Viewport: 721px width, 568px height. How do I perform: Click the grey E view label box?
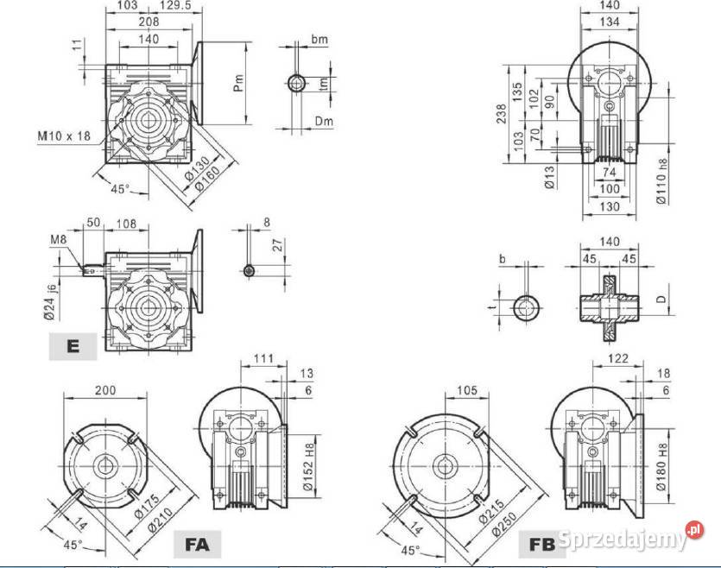(x=73, y=346)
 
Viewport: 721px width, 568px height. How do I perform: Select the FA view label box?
(x=197, y=544)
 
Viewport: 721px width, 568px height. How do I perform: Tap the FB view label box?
(x=542, y=544)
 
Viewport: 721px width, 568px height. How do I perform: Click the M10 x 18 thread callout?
(x=65, y=136)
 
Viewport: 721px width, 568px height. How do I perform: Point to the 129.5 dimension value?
(x=174, y=5)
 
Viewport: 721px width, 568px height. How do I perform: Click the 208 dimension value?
(x=149, y=21)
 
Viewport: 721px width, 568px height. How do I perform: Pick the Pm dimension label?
(x=238, y=83)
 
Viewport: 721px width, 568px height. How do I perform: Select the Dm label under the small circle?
(x=324, y=122)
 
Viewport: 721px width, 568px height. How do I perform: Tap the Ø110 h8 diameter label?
(x=661, y=181)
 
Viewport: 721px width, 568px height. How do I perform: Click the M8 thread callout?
(x=59, y=239)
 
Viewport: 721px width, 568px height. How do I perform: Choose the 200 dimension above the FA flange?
(x=105, y=391)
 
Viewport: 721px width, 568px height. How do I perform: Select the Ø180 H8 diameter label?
(x=661, y=467)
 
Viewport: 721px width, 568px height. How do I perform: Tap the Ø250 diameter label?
(x=505, y=522)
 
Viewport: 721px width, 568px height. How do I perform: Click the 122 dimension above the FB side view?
(x=617, y=358)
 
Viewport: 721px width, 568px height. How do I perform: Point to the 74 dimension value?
(x=610, y=173)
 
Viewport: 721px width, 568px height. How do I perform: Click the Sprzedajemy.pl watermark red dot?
(x=694, y=530)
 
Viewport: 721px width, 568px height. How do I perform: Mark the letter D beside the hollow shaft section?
(x=661, y=299)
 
